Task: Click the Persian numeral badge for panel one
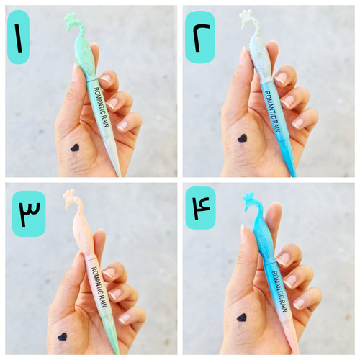pos(18,37)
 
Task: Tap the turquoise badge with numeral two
pos(200,37)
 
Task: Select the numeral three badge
pos(29,213)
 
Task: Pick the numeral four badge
pos(201,208)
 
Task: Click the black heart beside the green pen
pos(75,148)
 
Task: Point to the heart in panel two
pos(242,138)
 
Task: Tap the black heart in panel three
pos(63,336)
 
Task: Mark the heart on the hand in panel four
pos(242,318)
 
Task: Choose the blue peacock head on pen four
pos(251,201)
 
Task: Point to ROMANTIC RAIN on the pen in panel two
pos(272,111)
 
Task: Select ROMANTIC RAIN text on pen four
pos(279,292)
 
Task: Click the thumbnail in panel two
pos(243,57)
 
